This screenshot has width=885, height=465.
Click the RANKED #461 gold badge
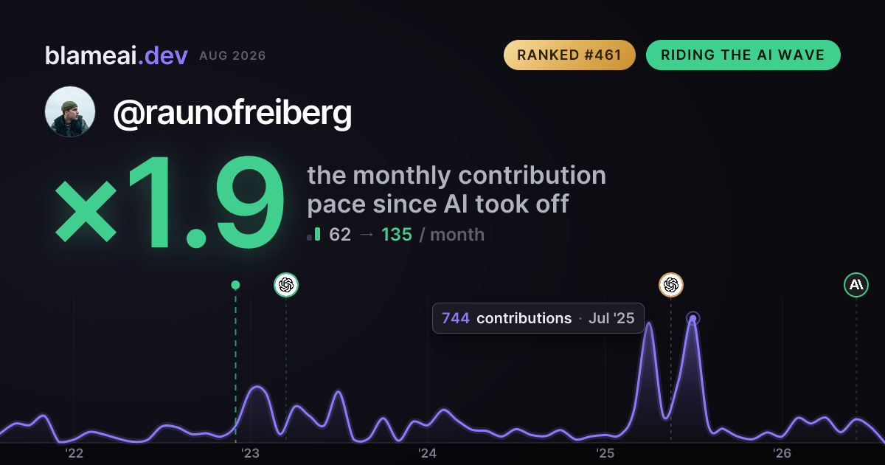pos(569,55)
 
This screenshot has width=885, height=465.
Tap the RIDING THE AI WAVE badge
pos(743,55)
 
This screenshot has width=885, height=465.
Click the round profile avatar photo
pos(70,111)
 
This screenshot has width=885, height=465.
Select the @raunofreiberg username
pos(232,114)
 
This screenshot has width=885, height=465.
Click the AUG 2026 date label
pos(232,56)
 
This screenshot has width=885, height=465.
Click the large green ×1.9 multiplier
pos(170,201)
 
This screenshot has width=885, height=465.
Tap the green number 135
pos(397,235)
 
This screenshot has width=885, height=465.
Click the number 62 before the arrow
pos(340,235)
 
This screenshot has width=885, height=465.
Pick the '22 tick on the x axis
pos(74,453)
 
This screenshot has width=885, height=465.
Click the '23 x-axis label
pos(251,453)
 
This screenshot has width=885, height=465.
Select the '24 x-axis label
pos(428,453)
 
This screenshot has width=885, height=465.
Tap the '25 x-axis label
pos(605,453)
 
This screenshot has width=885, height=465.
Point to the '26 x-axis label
pos(782,453)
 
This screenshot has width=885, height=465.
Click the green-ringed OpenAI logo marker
pos(286,285)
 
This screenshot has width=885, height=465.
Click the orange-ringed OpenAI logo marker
pos(671,285)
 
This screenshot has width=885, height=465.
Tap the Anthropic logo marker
pos(856,285)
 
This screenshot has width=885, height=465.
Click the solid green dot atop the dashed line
pos(235,285)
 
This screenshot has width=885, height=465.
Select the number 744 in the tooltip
pos(456,318)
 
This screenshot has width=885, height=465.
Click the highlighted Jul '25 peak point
pos(693,318)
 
